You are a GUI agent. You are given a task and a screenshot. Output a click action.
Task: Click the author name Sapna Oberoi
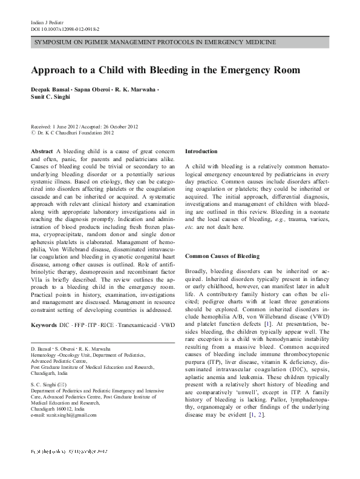click(93, 90)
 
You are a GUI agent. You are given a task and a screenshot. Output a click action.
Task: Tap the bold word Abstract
click(41, 150)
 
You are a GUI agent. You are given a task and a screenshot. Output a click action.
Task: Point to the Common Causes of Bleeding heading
click(222, 256)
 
